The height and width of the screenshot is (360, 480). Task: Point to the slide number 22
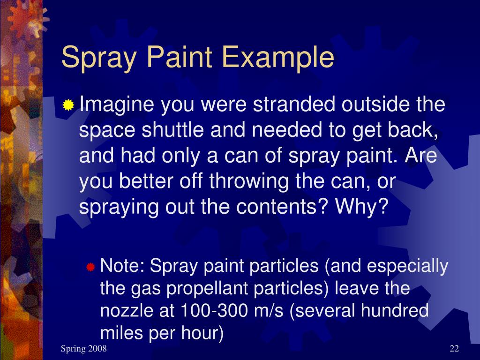click(454, 348)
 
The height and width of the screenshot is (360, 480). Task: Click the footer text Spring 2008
click(84, 349)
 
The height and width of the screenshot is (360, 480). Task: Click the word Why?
click(361, 207)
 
